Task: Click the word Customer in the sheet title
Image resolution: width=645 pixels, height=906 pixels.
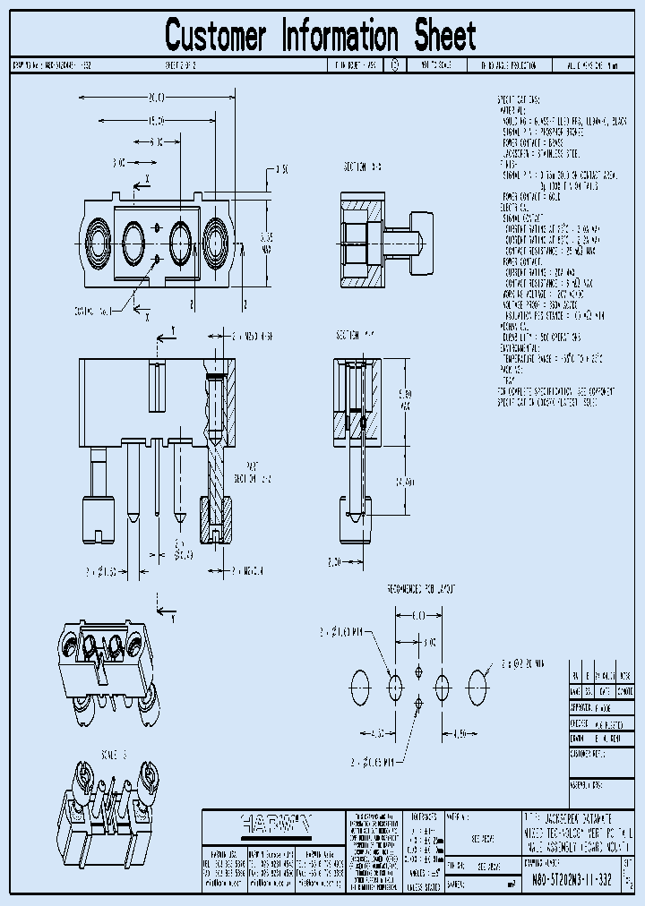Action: click(216, 37)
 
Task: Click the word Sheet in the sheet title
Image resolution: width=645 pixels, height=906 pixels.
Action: click(445, 37)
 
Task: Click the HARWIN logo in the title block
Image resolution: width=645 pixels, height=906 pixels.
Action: click(274, 821)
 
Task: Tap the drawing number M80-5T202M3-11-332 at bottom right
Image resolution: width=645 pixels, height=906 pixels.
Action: click(567, 880)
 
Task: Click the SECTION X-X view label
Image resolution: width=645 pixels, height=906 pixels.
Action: click(363, 167)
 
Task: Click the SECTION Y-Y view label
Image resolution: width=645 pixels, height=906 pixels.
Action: click(356, 335)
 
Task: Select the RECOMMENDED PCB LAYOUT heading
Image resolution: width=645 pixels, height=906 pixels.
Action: click(420, 589)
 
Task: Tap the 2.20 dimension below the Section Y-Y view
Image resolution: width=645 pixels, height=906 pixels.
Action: click(333, 561)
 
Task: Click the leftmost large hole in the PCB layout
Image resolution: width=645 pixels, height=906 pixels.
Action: click(359, 688)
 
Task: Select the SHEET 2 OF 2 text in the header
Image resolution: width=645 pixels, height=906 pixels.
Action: click(182, 65)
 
